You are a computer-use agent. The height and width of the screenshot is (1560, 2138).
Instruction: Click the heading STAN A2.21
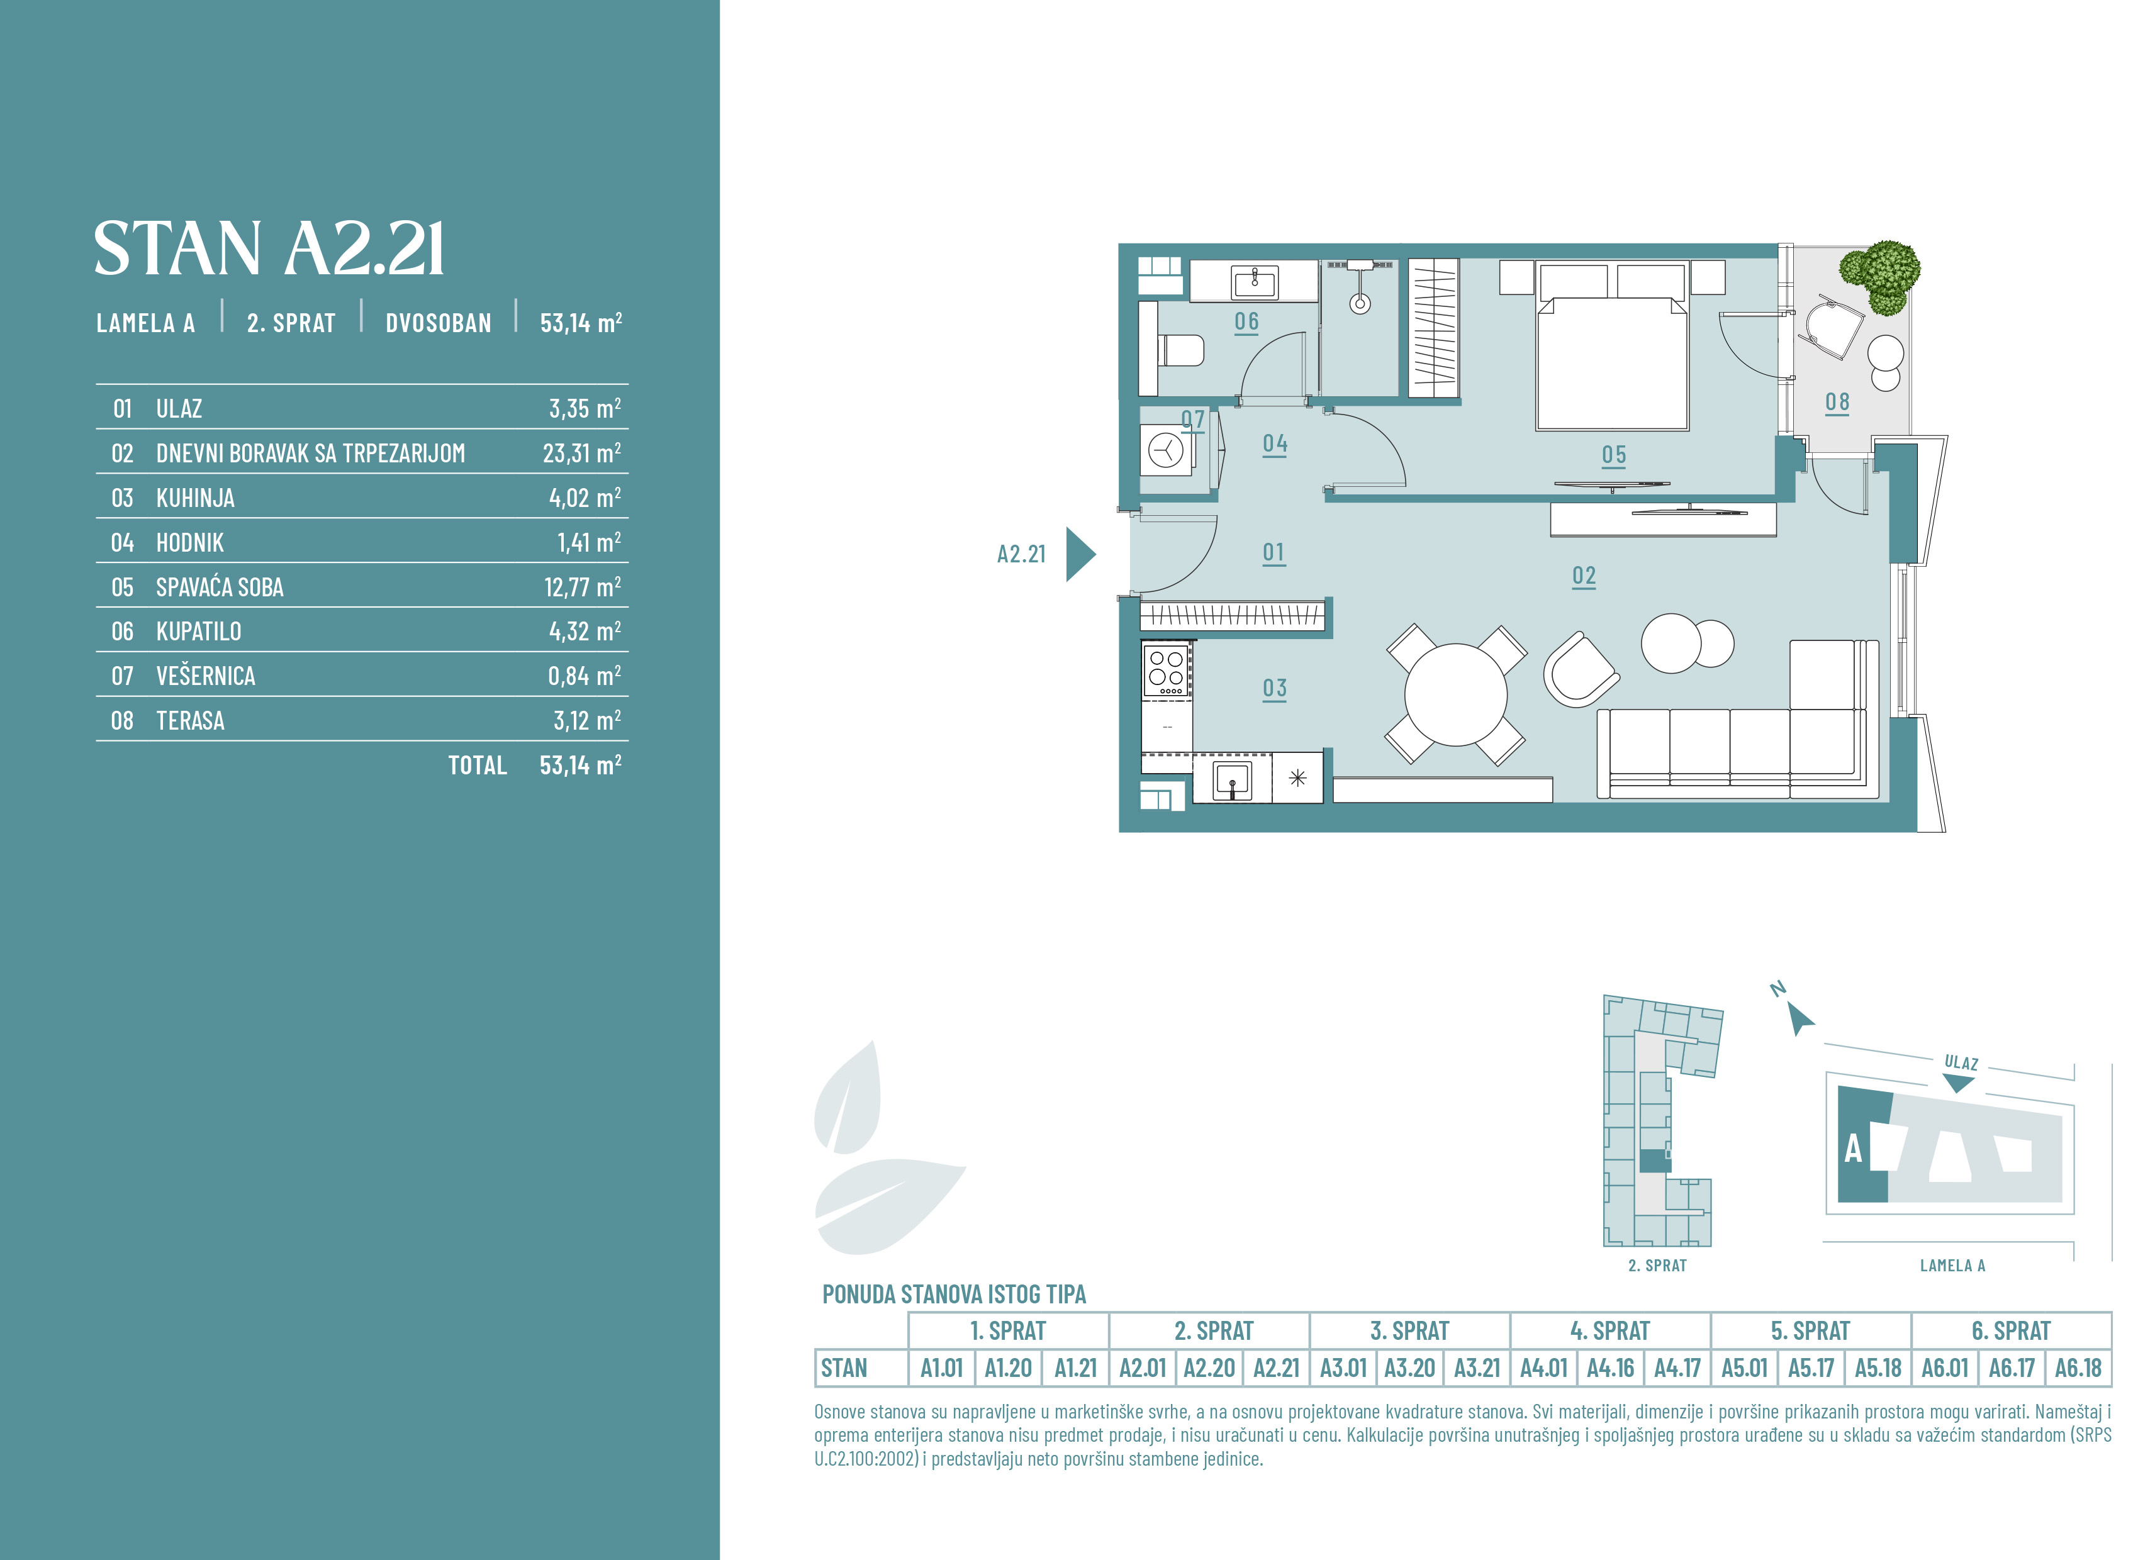point(269,249)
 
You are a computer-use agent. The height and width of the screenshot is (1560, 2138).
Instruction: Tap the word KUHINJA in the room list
point(196,498)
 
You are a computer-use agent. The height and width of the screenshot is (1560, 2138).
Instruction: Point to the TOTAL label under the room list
point(478,765)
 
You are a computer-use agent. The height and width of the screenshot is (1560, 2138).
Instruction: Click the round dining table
point(1456,694)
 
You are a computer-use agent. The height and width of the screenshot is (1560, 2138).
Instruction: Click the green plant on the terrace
point(1881,276)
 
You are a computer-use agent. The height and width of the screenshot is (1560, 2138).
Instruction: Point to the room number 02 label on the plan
point(1584,576)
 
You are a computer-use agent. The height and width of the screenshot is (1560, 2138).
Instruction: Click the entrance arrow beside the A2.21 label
point(1080,554)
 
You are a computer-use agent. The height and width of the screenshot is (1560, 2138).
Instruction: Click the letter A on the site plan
point(1854,1149)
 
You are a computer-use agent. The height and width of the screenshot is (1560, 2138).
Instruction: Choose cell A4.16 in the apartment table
point(1610,1368)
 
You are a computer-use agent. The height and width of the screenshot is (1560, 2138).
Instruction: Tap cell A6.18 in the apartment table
point(2078,1368)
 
